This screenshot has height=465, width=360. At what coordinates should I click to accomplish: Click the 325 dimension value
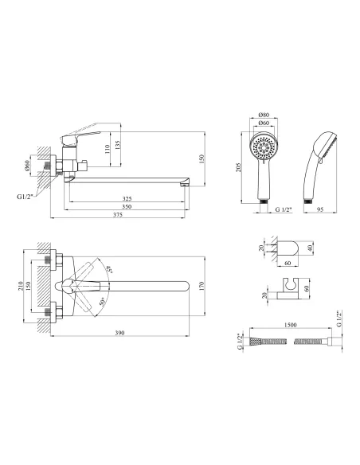tap(127, 199)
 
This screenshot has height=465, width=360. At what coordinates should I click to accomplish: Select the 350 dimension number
tap(127, 207)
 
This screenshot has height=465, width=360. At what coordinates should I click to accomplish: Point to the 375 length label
tap(118, 215)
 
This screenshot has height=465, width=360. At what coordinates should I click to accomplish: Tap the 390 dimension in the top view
tap(119, 333)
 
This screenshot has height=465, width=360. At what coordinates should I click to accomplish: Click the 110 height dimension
tap(108, 149)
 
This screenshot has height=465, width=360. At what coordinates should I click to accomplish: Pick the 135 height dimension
tap(118, 145)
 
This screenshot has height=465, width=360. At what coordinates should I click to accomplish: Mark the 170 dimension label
tap(202, 286)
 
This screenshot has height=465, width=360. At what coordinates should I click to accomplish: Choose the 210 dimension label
tap(21, 286)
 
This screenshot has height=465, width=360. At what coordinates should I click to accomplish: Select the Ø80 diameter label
tap(264, 115)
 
